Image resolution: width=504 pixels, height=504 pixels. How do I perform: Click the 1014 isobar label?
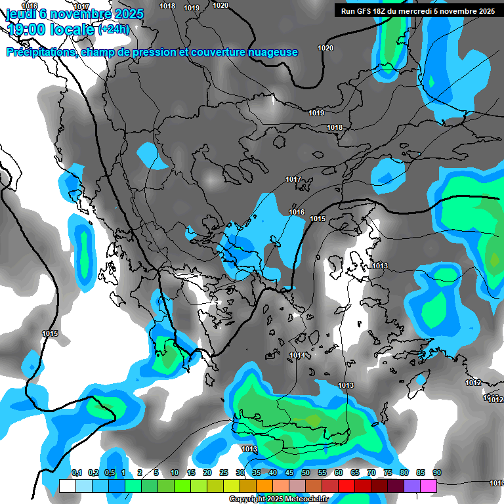[297, 355]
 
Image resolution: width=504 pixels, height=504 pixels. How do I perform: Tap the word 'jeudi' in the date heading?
[20, 14]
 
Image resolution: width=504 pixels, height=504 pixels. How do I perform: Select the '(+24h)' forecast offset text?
[114, 30]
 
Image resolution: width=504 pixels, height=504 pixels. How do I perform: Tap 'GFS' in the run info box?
[365, 10]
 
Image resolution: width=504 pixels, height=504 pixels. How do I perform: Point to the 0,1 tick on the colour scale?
[76, 472]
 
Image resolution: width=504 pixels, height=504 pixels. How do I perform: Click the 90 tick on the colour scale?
[437, 472]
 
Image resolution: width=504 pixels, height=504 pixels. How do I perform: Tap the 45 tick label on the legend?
[289, 472]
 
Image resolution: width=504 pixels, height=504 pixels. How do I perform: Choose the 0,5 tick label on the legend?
[110, 472]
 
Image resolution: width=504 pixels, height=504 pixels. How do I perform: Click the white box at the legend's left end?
[67, 486]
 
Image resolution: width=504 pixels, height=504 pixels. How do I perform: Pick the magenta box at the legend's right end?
[429, 486]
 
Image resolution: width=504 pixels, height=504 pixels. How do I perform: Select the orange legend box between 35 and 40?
[264, 486]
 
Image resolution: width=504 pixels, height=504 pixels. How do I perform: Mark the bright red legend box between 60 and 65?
[346, 486]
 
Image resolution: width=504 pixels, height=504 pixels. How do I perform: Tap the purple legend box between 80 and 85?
[412, 486]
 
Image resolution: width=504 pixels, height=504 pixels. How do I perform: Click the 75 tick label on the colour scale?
[388, 472]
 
